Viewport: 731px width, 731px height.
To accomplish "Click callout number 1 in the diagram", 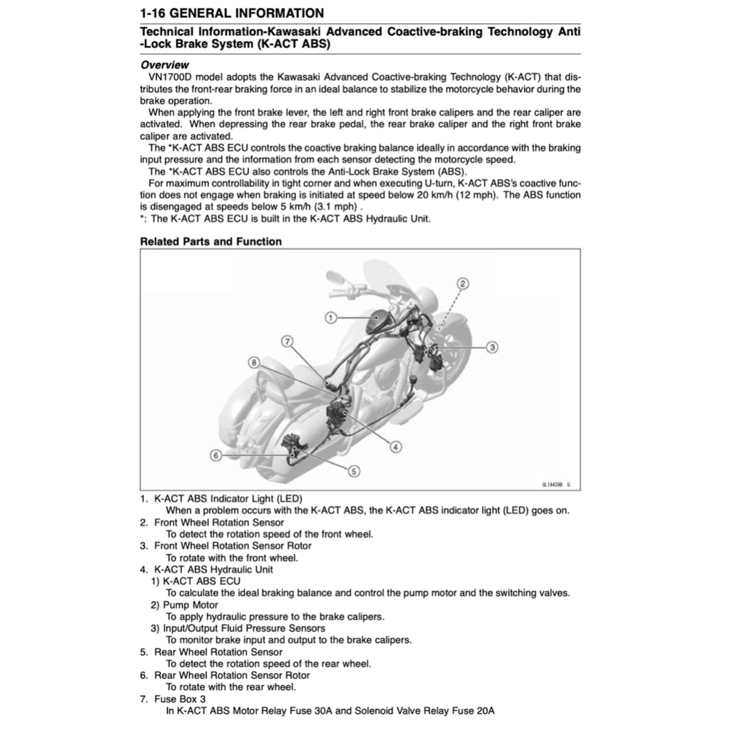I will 331,317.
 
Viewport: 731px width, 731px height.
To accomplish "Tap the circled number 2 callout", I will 463,283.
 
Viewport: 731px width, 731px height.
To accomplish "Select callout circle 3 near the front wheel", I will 492,347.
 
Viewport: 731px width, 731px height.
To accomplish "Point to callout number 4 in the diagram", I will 395,447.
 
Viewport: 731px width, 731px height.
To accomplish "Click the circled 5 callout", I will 354,470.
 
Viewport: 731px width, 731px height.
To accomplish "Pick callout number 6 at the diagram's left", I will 216,454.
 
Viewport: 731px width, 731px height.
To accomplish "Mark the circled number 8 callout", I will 254,363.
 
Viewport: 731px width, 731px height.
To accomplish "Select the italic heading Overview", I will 165,65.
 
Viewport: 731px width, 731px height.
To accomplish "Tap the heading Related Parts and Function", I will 211,241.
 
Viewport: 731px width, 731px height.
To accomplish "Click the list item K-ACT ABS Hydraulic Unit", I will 213,570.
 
